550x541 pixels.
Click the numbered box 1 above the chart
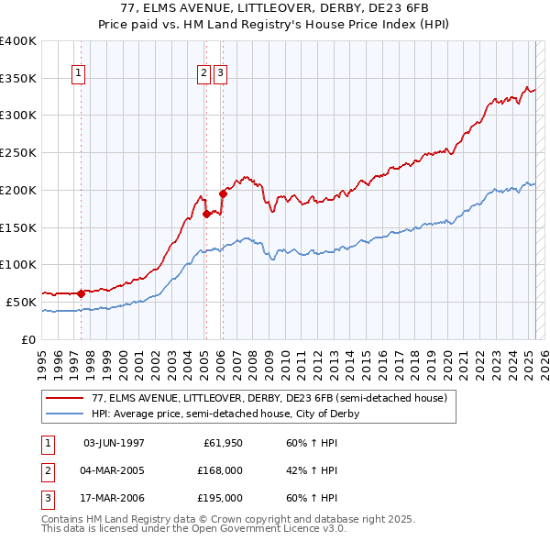[x=79, y=74]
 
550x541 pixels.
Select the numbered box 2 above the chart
[x=204, y=74]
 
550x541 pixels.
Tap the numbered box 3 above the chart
[x=221, y=74]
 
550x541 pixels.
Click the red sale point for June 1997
[x=81, y=293]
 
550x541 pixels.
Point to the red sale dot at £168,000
[x=206, y=214]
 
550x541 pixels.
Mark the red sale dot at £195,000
[x=223, y=193]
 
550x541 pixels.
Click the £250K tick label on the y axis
[x=18, y=153]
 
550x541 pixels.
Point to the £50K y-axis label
[x=21, y=302]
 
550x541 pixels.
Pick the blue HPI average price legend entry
[x=225, y=414]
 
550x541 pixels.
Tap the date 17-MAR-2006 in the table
[x=114, y=499]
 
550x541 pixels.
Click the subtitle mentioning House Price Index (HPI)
[x=275, y=26]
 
